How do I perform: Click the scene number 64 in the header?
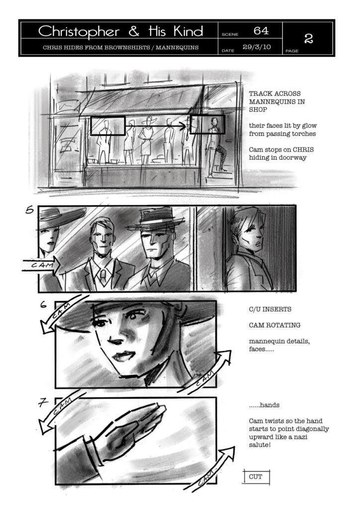click(261, 30)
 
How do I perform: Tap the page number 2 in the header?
click(308, 38)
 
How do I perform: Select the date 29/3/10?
click(257, 47)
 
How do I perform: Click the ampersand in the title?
click(134, 31)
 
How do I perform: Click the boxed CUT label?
click(256, 477)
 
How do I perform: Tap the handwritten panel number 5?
click(29, 210)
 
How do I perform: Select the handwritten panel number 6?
click(43, 305)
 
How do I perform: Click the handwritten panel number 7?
click(43, 403)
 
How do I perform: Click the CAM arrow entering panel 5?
click(41, 265)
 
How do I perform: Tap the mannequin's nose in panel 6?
click(114, 339)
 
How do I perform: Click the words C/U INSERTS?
click(270, 309)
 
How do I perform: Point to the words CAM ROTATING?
click(274, 325)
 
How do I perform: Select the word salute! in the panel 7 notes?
click(260, 445)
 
